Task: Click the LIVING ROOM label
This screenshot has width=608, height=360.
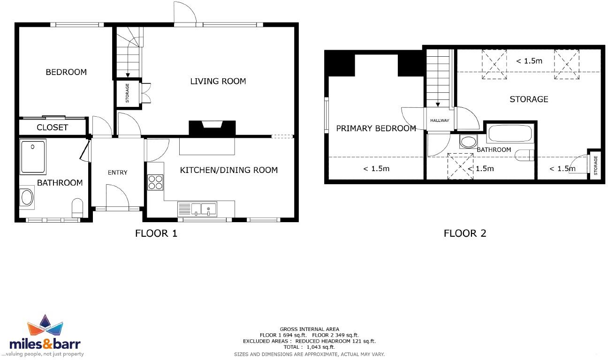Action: [x=218, y=81]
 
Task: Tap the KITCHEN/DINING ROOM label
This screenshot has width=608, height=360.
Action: [x=229, y=170]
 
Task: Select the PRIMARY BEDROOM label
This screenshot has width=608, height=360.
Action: [x=376, y=128]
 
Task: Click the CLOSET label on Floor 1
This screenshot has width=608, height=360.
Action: [x=52, y=127]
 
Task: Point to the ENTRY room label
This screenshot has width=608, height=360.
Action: [x=117, y=172]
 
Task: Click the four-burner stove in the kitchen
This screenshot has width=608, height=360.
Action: [x=155, y=182]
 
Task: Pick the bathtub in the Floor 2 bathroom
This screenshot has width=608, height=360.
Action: [x=509, y=134]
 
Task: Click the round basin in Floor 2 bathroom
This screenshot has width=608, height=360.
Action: [x=467, y=141]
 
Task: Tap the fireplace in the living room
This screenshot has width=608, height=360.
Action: [x=211, y=128]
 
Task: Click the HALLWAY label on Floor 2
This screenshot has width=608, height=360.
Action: [x=440, y=120]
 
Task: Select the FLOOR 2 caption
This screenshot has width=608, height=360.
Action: [x=464, y=233]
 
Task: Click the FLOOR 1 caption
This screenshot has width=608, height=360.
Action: [x=156, y=233]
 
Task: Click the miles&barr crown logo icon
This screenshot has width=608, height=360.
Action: [x=45, y=326]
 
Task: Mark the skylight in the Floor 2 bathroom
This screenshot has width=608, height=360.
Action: [x=461, y=166]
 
